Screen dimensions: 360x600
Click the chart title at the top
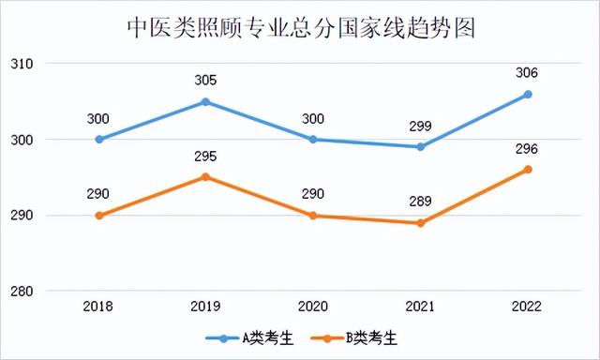[300, 27]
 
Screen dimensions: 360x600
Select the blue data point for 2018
[98, 140]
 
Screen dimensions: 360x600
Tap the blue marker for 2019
[206, 101]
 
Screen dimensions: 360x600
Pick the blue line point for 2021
[421, 147]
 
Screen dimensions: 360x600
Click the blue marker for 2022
[528, 94]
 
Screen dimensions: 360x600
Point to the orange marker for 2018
[98, 216]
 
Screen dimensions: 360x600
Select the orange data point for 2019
[206, 177]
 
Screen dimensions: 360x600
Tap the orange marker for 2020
[313, 216]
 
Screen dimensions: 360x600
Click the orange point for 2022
[528, 170]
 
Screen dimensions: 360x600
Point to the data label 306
[528, 73]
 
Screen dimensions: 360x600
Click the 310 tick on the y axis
[22, 64]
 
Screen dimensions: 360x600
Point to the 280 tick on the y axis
[22, 292]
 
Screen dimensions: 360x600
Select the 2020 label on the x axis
[313, 307]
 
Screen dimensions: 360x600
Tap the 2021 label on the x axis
[421, 307]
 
